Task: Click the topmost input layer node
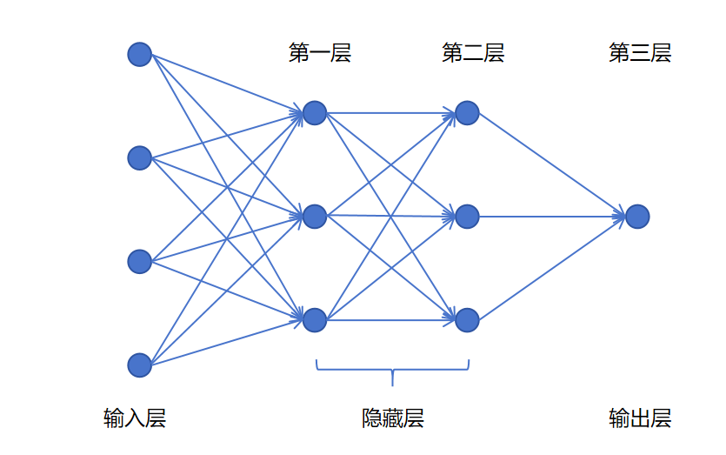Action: click(x=139, y=54)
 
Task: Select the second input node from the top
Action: click(x=139, y=158)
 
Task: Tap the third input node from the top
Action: click(x=139, y=261)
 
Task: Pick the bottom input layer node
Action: click(x=139, y=365)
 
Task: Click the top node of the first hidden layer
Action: click(x=315, y=112)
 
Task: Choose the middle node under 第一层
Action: click(x=315, y=217)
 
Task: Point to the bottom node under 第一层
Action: click(x=315, y=319)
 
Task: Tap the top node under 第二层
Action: click(x=467, y=112)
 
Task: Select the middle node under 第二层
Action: click(x=467, y=217)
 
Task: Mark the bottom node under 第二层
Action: click(x=467, y=319)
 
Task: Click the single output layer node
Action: click(x=637, y=217)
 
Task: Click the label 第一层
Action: click(x=320, y=52)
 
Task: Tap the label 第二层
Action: click(x=473, y=52)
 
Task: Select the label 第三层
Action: click(x=640, y=52)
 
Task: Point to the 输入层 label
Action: click(x=135, y=418)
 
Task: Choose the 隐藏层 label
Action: click(x=393, y=418)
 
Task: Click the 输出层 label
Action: click(x=640, y=418)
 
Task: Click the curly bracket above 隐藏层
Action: click(x=392, y=370)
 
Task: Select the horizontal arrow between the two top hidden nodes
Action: click(x=390, y=112)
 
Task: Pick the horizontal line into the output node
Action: click(x=552, y=217)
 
